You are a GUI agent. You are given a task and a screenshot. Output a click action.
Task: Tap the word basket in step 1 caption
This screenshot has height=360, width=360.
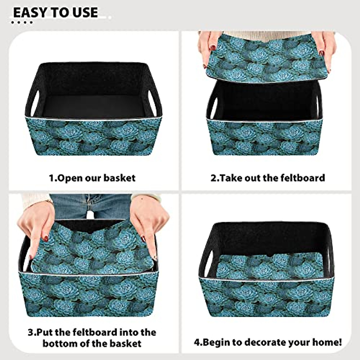[119, 178]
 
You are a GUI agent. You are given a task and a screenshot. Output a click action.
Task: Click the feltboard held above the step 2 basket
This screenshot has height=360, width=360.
[265, 60]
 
